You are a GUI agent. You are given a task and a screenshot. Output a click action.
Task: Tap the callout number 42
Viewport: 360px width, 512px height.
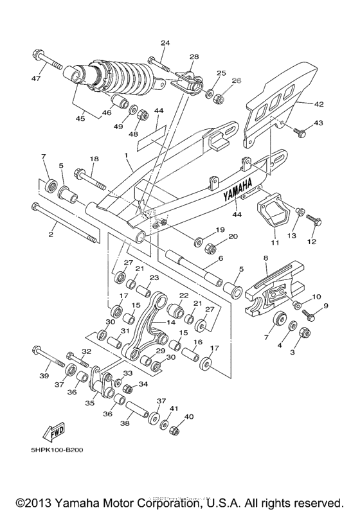click(x=319, y=104)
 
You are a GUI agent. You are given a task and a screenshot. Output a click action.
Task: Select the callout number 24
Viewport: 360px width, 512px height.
click(x=165, y=43)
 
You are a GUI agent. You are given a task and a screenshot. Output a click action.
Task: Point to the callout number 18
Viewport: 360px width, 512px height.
click(x=94, y=159)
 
